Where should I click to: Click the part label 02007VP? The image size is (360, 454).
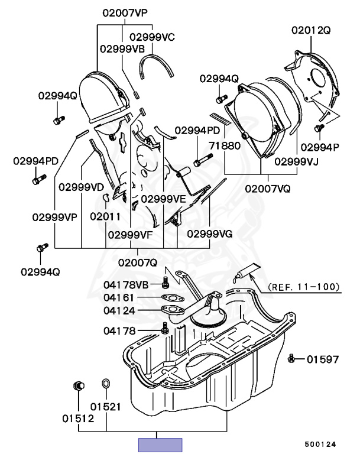pyautogui.click(x=125, y=12)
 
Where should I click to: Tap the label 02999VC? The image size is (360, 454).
pyautogui.click(x=152, y=37)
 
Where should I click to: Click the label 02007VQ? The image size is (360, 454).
pyautogui.click(x=268, y=189)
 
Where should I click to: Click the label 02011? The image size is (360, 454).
pyautogui.click(x=105, y=216)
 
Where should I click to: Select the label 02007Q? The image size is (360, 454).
pyautogui.click(x=137, y=262)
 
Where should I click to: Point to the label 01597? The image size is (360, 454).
pyautogui.click(x=323, y=359)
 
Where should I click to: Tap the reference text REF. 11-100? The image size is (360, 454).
pyautogui.click(x=304, y=288)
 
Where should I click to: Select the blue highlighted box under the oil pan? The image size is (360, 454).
pyautogui.click(x=160, y=445)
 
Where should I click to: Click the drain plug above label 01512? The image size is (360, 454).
pyautogui.click(x=77, y=387)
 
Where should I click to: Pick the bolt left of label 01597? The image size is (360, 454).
pyautogui.click(x=291, y=358)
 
